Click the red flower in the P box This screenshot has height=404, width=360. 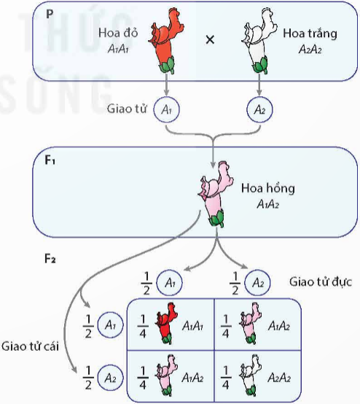tap(165, 42)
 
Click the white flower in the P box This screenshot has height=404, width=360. tap(259, 42)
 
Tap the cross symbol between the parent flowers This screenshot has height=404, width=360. tap(210, 39)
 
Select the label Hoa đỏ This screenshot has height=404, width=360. tap(118, 33)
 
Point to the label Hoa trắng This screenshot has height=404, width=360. tap(310, 34)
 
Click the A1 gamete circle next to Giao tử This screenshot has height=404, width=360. tap(166, 109)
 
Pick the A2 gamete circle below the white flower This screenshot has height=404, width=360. tap(259, 109)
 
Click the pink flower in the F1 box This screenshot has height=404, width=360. tap(216, 195)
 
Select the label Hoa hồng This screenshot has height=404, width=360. tap(268, 188)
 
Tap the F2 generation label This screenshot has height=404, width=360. tap(50, 258)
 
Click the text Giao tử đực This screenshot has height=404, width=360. tap(321, 282)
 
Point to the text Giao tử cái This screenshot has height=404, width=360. tap(30, 346)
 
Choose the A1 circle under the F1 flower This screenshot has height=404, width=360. tap(170, 283)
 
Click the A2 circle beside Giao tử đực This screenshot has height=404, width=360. tap(257, 283)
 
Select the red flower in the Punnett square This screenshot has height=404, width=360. tap(166, 324)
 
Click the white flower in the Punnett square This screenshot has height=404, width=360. tap(251, 376)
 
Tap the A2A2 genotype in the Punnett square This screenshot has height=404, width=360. tap(279, 378)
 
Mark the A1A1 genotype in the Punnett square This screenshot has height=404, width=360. tap(192, 326)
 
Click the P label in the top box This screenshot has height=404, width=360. tap(50, 14)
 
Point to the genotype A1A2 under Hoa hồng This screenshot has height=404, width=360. tap(268, 205)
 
